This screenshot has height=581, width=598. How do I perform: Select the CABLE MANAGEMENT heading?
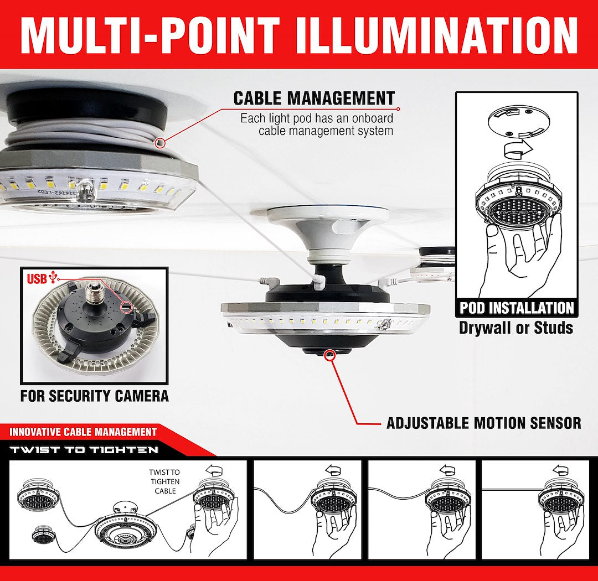click(x=314, y=98)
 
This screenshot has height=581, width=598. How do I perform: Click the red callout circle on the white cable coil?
click(x=161, y=143)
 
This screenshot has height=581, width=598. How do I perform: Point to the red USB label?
click(x=37, y=279)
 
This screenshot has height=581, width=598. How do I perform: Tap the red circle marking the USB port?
click(x=126, y=307)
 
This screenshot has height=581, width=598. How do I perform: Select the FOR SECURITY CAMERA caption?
click(x=95, y=396)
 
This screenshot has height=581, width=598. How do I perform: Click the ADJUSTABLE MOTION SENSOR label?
click(x=484, y=423)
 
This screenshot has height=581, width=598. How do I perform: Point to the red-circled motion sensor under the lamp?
click(x=329, y=355)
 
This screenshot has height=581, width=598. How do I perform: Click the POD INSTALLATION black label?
click(x=517, y=308)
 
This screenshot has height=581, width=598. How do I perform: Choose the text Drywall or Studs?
click(x=516, y=328)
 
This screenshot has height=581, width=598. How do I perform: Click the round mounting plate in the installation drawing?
click(x=519, y=123)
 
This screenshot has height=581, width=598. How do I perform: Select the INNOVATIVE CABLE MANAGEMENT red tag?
click(x=83, y=432)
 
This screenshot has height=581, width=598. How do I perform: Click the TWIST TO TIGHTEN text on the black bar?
click(x=84, y=450)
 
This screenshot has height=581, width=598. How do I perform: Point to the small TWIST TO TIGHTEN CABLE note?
click(x=165, y=481)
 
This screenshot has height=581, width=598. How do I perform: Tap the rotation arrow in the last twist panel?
click(x=560, y=469)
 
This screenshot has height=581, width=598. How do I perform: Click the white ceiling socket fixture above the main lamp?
click(x=328, y=233)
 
